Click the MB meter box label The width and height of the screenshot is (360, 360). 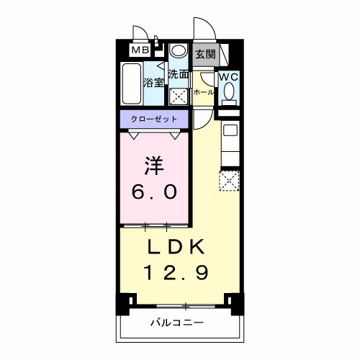pos(140,50)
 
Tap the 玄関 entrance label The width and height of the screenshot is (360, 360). pos(205,55)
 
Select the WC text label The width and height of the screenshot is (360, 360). pos(229,77)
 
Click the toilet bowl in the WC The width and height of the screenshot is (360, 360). pos(229,91)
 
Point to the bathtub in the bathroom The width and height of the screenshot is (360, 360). pos(131,84)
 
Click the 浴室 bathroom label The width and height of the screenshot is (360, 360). pos(153,83)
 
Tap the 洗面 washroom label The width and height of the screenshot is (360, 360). pos(178,74)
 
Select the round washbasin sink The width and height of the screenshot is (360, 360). pos(178,51)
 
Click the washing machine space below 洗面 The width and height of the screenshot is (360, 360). pos(179,96)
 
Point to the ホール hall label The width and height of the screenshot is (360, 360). pos(204,92)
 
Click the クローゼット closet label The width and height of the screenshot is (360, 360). pos(154,119)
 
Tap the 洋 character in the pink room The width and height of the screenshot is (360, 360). pos(154,166)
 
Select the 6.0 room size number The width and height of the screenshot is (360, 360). pos(154,192)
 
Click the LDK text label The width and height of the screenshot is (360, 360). pos(176,247)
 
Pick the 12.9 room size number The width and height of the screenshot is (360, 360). pos(176,273)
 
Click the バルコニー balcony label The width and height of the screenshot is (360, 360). pos(177,323)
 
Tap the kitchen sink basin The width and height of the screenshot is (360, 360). pos(230,130)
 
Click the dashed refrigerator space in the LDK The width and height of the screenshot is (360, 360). pos(229,181)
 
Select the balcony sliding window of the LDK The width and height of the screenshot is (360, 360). pos(186,306)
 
